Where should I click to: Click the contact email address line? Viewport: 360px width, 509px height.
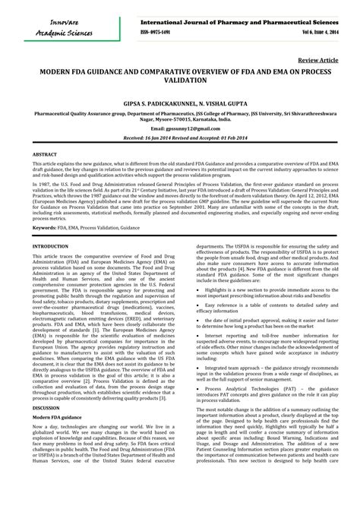click(x=179, y=129)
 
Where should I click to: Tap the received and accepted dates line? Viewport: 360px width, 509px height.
click(x=179, y=138)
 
